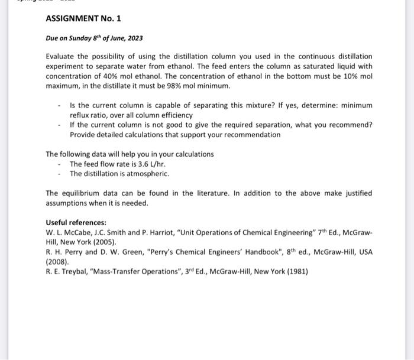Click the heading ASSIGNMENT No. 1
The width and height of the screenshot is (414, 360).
point(83,18)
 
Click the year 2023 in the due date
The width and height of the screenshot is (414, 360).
point(134,38)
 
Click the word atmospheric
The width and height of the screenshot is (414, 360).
point(149,174)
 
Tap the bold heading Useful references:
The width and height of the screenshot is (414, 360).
point(76,223)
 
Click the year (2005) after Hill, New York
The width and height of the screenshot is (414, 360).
point(105,242)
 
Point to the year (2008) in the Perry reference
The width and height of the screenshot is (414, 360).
point(58,261)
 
